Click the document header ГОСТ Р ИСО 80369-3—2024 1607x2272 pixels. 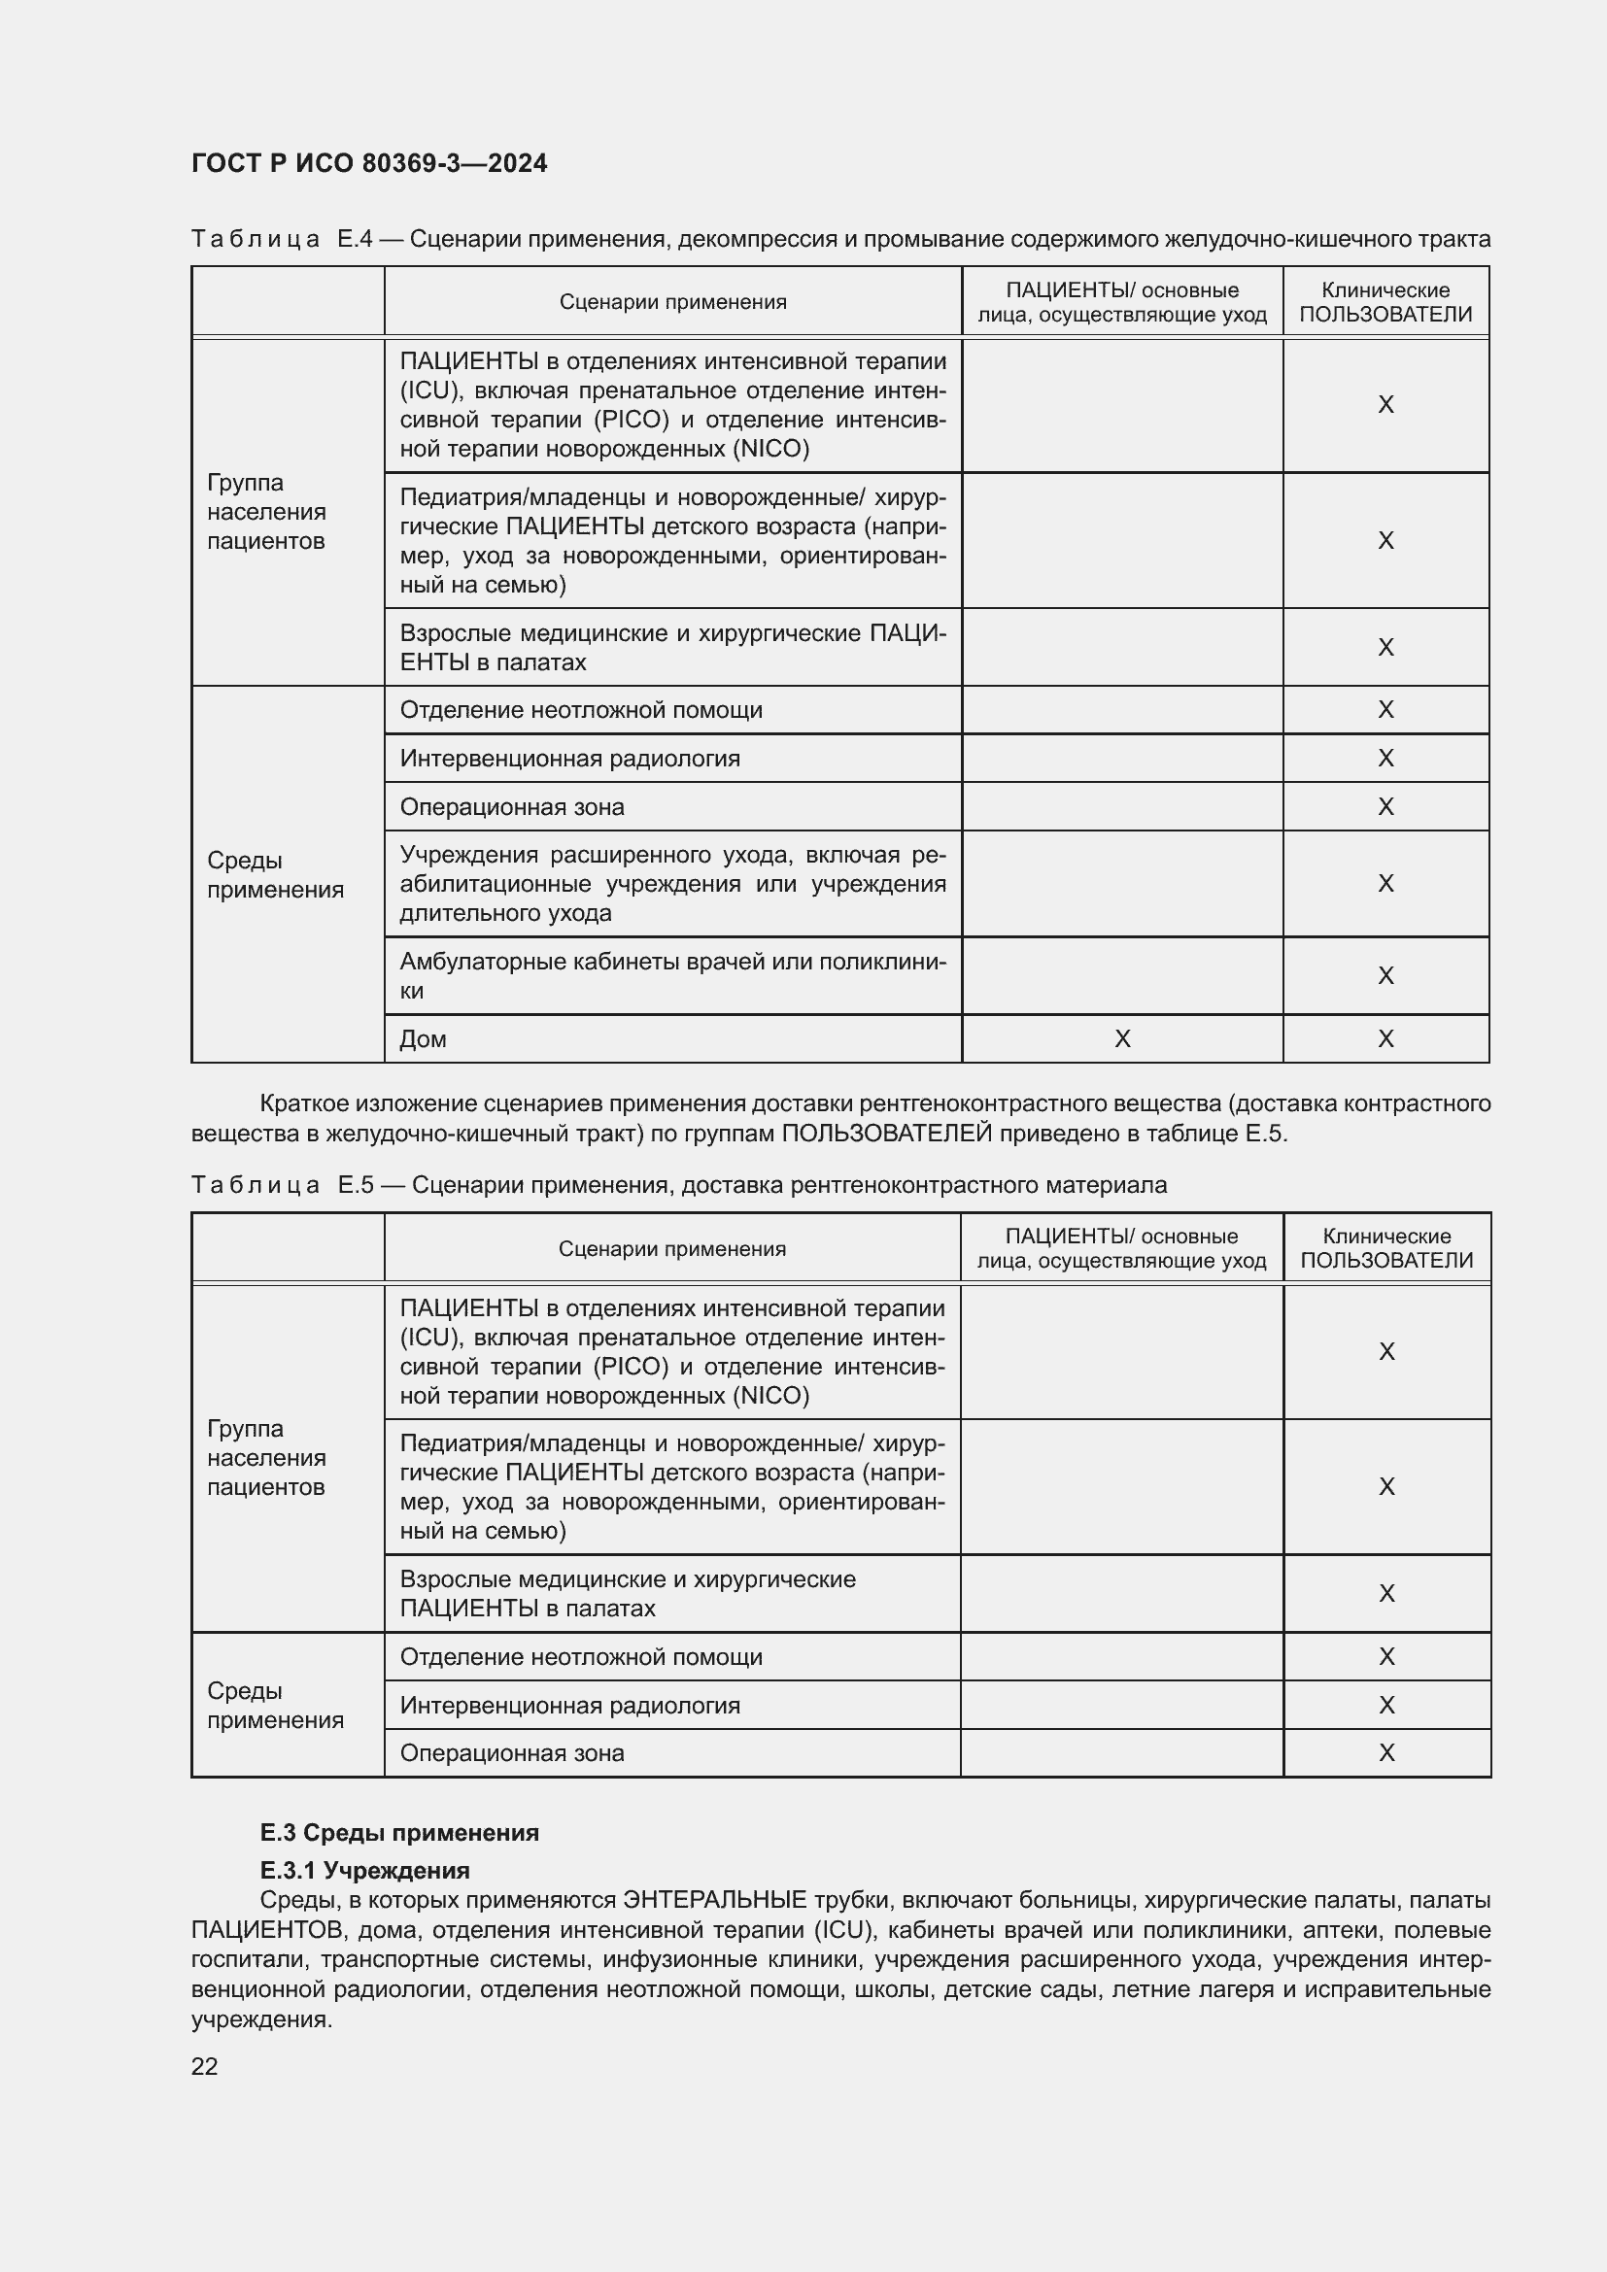click(x=369, y=163)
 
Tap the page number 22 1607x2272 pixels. click(x=205, y=2066)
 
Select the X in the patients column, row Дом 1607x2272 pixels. click(x=1122, y=1039)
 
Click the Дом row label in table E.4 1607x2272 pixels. click(x=424, y=1039)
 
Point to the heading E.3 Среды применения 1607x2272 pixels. click(x=398, y=1833)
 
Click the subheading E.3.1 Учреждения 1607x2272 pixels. click(x=364, y=1870)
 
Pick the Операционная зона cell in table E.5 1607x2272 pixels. click(x=512, y=1753)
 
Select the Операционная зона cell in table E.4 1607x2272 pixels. click(x=512, y=807)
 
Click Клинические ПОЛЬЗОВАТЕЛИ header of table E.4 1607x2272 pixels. click(x=1385, y=302)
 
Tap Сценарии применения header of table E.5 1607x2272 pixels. click(x=672, y=1249)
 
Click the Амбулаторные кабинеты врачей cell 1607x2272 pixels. click(x=672, y=975)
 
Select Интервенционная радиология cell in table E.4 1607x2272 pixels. click(x=570, y=759)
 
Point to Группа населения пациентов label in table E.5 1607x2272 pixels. click(x=266, y=1458)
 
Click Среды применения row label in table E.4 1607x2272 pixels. click(x=275, y=875)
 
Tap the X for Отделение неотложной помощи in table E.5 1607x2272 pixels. click(x=1386, y=1656)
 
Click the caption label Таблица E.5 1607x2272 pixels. click(x=282, y=1185)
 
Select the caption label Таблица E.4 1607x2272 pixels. click(x=282, y=240)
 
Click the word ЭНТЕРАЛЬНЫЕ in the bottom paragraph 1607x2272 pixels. click(x=714, y=1900)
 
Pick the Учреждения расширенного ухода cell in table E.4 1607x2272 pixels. click(x=672, y=884)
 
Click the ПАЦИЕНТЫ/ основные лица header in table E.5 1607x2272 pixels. click(x=1121, y=1249)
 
